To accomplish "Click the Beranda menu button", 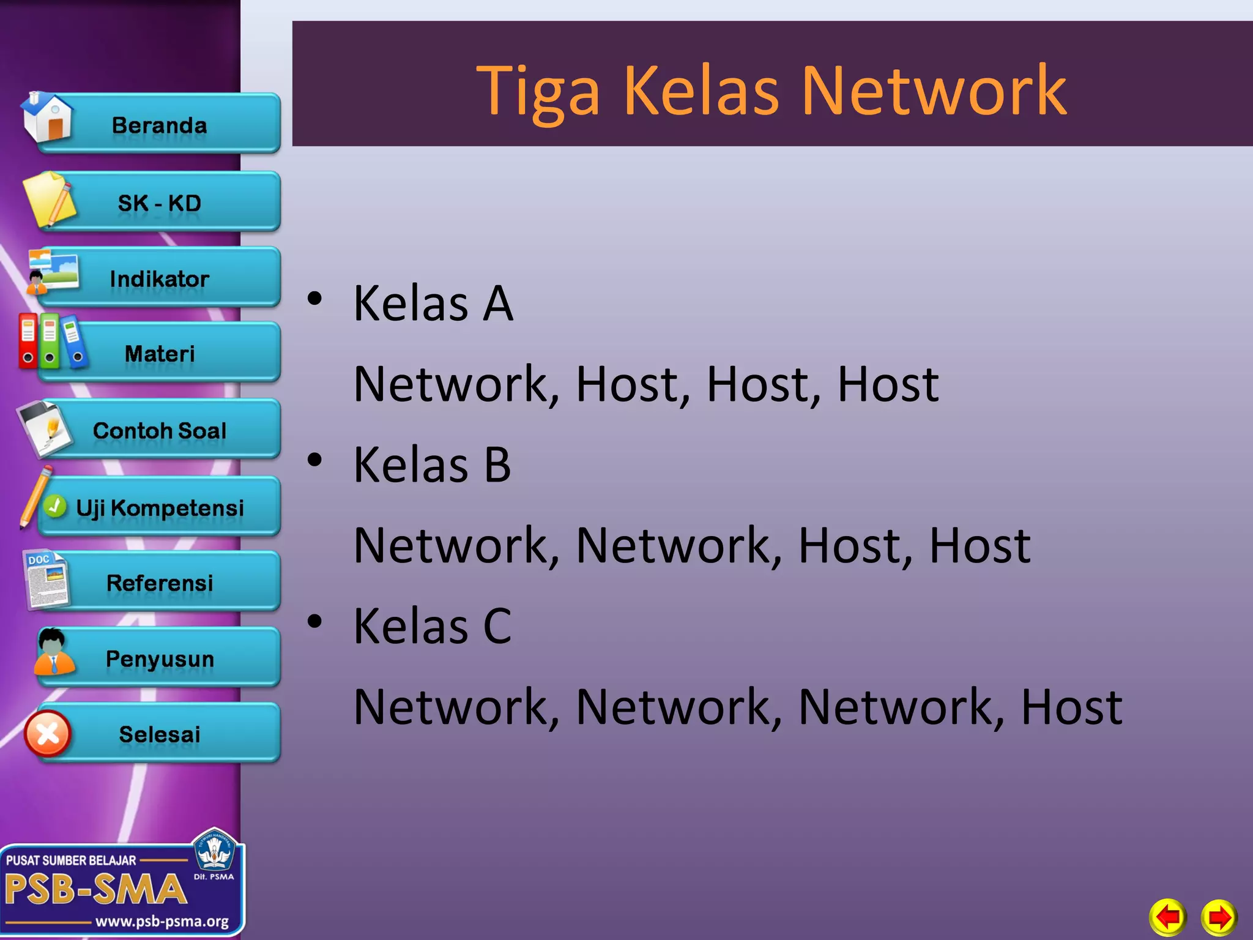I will point(159,125).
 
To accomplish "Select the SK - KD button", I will point(159,203).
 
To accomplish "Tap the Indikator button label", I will point(159,279).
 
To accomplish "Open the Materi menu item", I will point(159,354).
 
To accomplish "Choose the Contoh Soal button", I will point(159,430).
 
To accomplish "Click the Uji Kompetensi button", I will point(159,508).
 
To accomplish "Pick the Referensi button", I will point(159,583).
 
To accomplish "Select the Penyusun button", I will point(159,659).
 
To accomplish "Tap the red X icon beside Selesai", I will point(48,733).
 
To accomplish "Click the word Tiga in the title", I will point(538,92).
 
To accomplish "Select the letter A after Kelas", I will point(497,304).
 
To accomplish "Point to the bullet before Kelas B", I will point(314,460).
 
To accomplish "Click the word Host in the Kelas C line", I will point(1071,707).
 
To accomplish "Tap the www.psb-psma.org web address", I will point(162,921).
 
